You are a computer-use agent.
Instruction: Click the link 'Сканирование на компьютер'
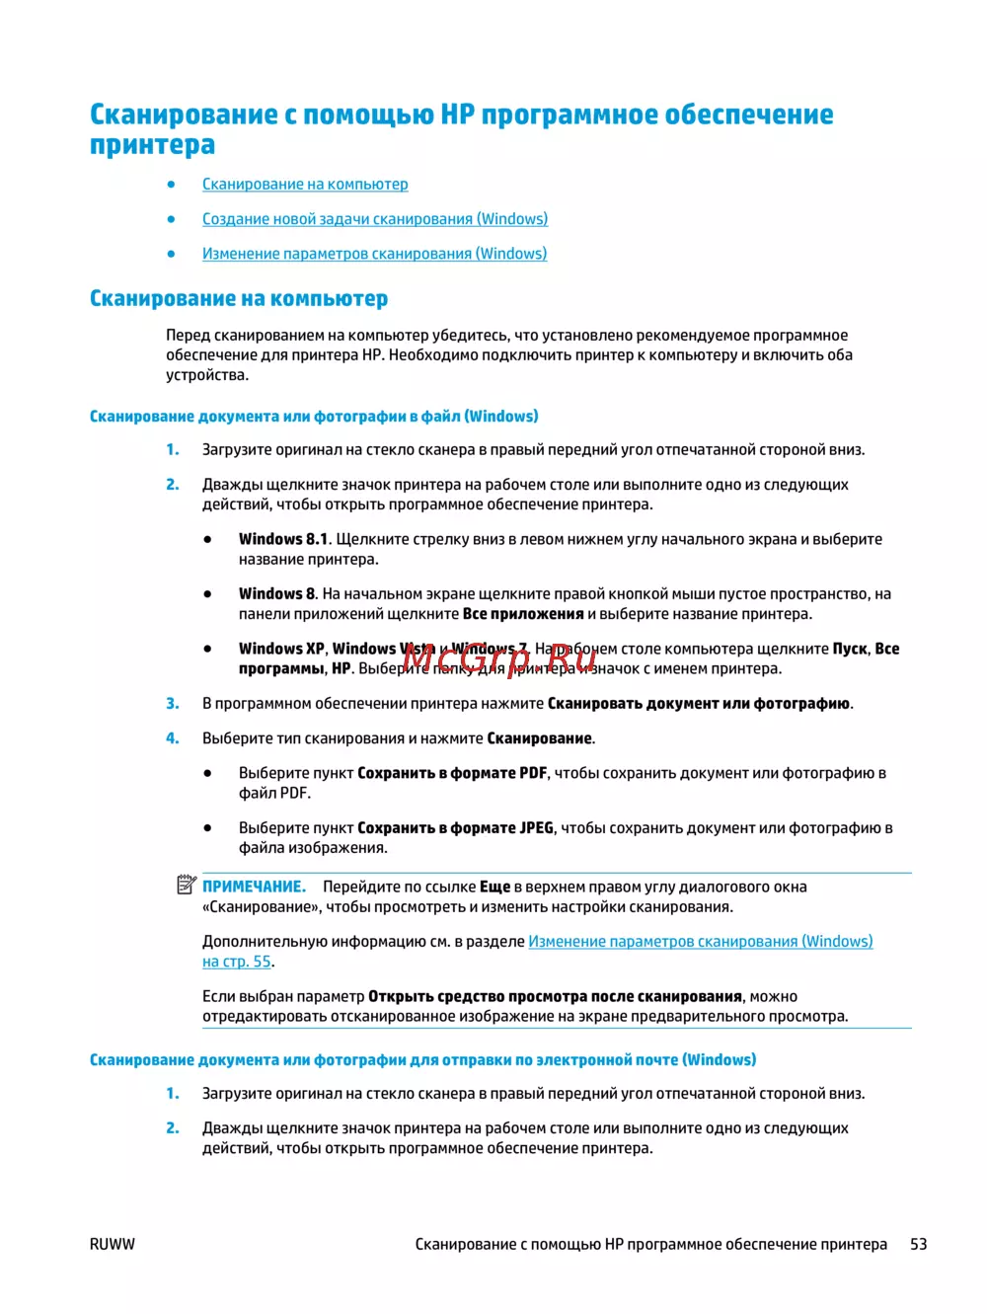305,185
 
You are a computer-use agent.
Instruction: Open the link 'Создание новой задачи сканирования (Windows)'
375,219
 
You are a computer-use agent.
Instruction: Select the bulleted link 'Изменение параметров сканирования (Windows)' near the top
374,254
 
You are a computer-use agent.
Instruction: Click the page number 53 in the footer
918,1244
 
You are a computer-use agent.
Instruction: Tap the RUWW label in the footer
113,1244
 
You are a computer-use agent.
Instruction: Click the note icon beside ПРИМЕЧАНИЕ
187,885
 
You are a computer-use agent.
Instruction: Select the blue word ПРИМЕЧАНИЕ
254,887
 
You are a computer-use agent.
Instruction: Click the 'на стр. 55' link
237,962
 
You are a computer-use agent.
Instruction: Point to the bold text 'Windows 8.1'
283,539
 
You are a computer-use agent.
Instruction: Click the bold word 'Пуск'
849,649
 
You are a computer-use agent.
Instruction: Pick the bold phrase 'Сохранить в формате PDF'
452,773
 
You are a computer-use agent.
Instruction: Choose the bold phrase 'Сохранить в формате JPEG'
455,827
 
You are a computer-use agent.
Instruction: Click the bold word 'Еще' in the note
494,887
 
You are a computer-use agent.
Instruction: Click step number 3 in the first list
173,703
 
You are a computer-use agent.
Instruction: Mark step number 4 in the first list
173,737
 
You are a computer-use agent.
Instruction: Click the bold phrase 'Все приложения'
523,614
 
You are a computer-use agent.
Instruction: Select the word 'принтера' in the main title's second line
152,145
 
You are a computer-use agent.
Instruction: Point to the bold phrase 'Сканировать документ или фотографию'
698,703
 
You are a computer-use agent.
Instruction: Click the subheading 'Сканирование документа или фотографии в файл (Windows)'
314,417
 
